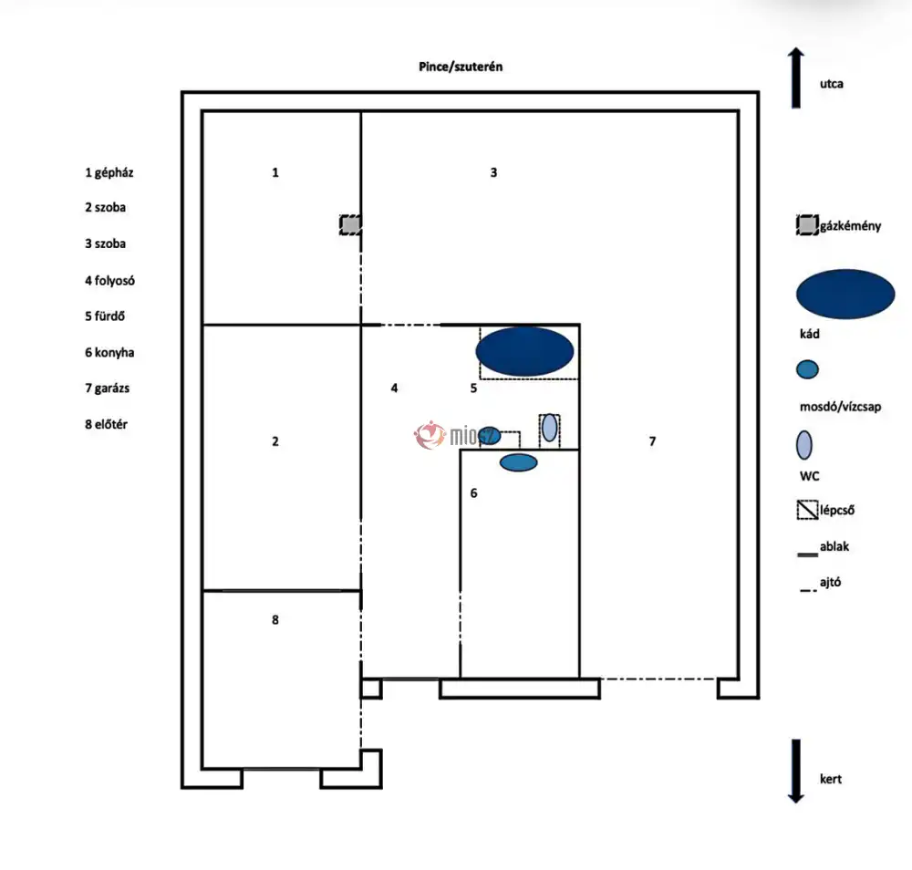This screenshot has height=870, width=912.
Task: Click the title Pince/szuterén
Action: point(455,67)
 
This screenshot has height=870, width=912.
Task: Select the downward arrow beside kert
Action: point(796,771)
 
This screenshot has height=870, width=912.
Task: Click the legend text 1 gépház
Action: point(109,171)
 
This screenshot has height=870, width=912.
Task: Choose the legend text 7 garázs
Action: point(108,388)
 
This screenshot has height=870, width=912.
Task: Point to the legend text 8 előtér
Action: point(106,424)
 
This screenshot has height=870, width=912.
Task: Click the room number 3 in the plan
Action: point(493,171)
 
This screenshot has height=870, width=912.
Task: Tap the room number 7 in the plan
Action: point(652,441)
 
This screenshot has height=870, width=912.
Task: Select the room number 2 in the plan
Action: point(275,441)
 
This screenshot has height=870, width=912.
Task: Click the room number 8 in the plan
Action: point(275,620)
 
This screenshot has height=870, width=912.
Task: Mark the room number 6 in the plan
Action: point(473,493)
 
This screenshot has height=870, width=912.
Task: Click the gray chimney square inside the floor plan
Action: point(350,224)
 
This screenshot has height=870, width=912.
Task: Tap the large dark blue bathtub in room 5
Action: point(525,350)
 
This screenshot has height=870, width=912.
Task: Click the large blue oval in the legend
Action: point(845,294)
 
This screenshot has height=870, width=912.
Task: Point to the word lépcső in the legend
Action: point(836,511)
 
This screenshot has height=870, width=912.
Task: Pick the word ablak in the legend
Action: point(834,547)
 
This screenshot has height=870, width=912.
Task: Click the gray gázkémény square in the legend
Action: point(806,225)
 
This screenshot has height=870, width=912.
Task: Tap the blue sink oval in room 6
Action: point(518,462)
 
